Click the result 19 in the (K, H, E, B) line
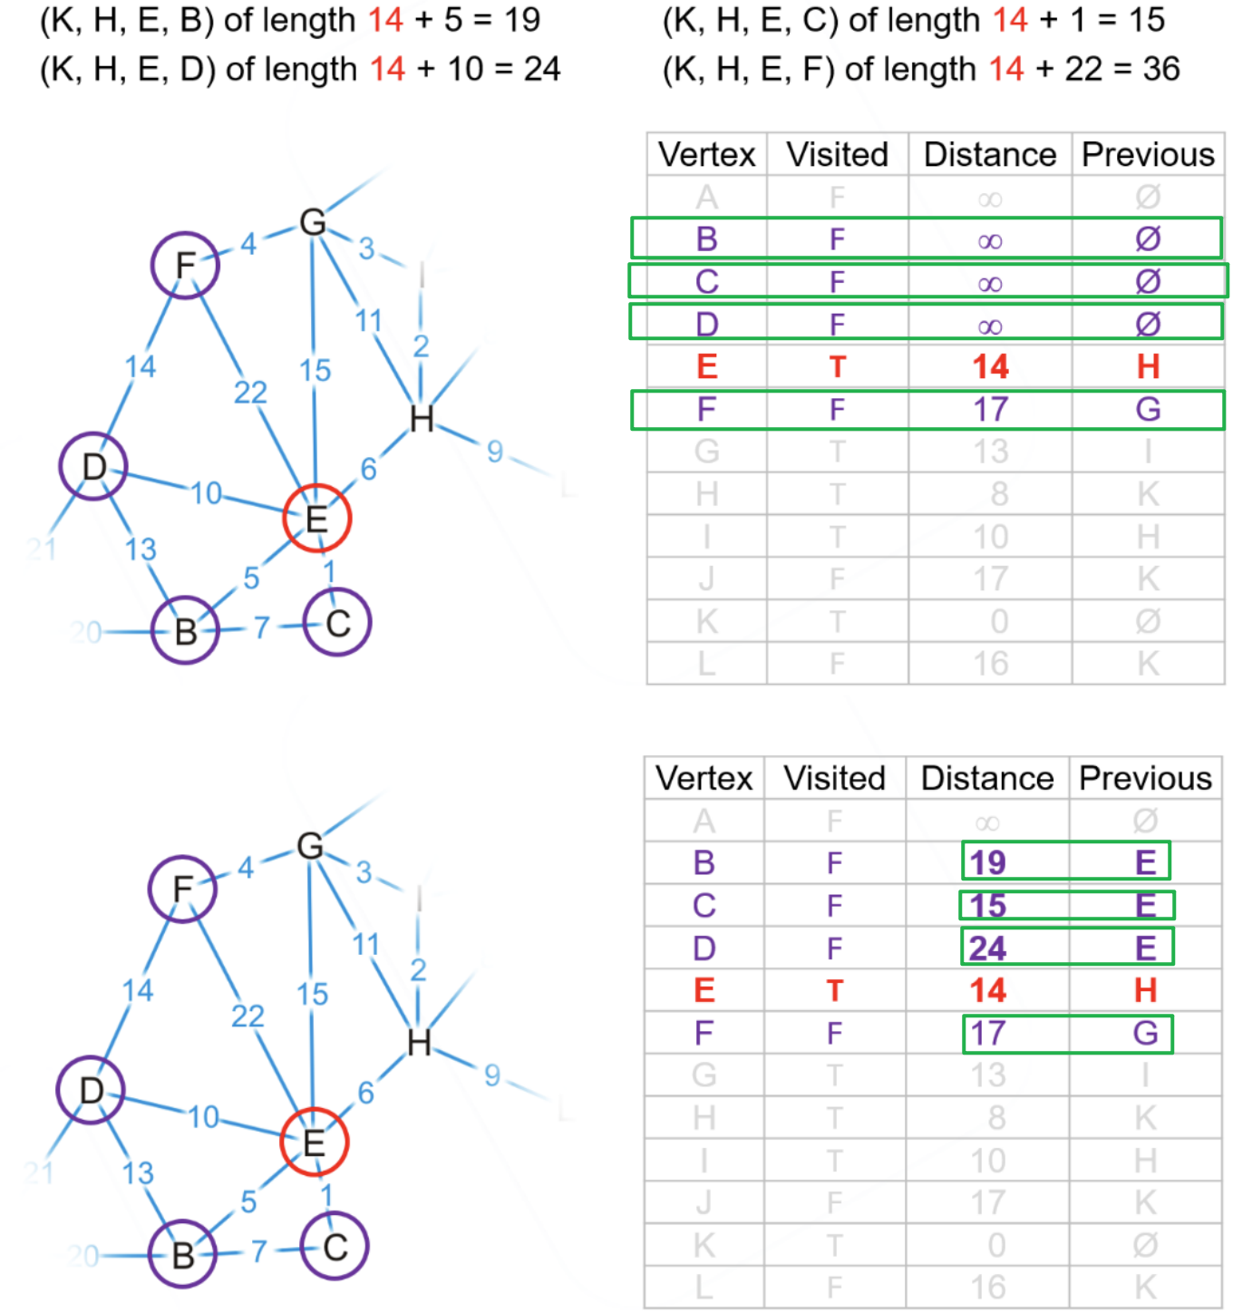click(x=522, y=20)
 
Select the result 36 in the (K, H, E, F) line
click(x=1161, y=69)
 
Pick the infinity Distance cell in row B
click(x=990, y=240)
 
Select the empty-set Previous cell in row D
click(x=1148, y=324)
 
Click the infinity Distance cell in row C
click(x=990, y=283)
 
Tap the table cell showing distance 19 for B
click(x=987, y=862)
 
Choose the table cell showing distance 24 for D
click(x=987, y=948)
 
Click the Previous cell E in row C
click(x=1145, y=905)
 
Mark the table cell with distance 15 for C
click(x=987, y=905)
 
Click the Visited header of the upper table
click(x=837, y=155)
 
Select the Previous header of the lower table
click(x=1145, y=779)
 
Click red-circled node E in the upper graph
click(x=316, y=519)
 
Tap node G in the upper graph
click(x=313, y=222)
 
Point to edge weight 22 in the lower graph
click(x=248, y=1016)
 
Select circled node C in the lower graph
click(x=335, y=1247)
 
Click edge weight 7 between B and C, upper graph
click(x=261, y=627)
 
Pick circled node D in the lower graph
click(x=91, y=1090)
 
